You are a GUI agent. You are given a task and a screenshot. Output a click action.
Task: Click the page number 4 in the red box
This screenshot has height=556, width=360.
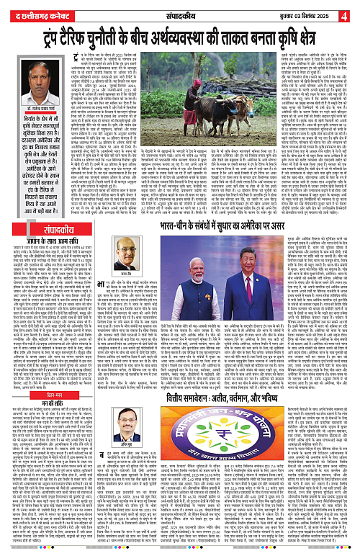click(353, 12)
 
